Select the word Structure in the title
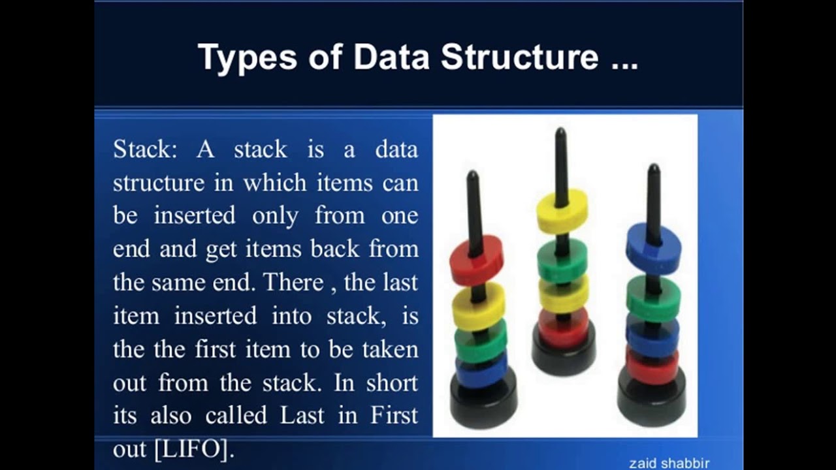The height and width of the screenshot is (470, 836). [x=519, y=57]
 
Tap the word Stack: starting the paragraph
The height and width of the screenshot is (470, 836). [x=144, y=149]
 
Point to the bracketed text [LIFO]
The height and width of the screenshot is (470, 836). [x=193, y=448]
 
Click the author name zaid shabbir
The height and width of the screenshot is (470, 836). [x=669, y=463]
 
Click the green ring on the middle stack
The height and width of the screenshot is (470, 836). [x=562, y=259]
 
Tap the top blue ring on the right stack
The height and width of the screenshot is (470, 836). [x=653, y=245]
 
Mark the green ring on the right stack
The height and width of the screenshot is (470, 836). [x=653, y=296]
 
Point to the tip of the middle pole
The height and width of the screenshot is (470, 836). [x=560, y=133]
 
